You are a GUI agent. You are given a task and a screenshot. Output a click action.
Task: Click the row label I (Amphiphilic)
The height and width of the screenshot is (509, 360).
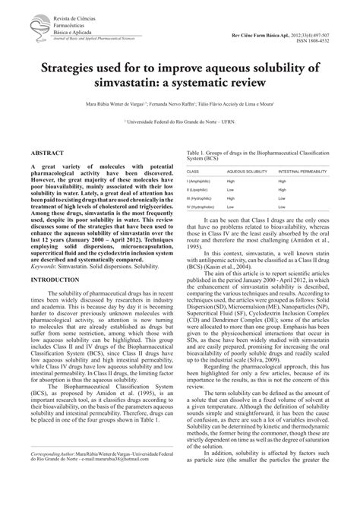(201, 182)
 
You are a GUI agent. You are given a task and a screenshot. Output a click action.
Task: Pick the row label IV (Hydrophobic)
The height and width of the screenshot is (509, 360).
(204, 206)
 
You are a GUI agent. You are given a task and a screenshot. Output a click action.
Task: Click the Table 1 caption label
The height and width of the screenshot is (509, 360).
(198, 152)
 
